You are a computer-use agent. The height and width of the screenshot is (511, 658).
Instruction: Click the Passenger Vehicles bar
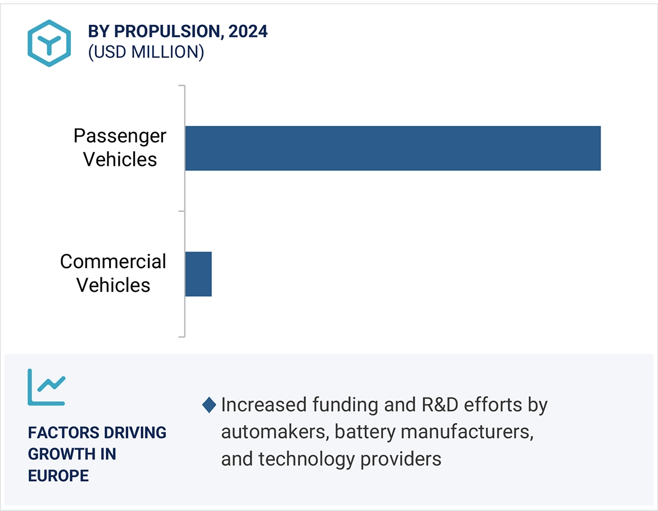pyautogui.click(x=393, y=148)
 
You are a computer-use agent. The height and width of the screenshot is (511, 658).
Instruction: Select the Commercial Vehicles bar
pyautogui.click(x=199, y=274)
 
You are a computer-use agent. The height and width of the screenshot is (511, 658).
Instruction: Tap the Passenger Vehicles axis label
pyautogui.click(x=120, y=147)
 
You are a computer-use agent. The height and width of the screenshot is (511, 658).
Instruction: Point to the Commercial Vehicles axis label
pyautogui.click(x=113, y=273)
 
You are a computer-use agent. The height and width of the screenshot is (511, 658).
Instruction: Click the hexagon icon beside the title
pyautogui.click(x=49, y=43)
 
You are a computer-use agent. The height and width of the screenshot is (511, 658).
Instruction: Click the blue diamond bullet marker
pyautogui.click(x=209, y=405)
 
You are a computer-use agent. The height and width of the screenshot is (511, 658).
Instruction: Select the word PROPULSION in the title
pyautogui.click(x=166, y=31)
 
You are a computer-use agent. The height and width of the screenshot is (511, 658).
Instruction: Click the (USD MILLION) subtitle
pyautogui.click(x=146, y=52)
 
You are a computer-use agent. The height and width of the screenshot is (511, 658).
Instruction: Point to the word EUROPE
pyautogui.click(x=58, y=476)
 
